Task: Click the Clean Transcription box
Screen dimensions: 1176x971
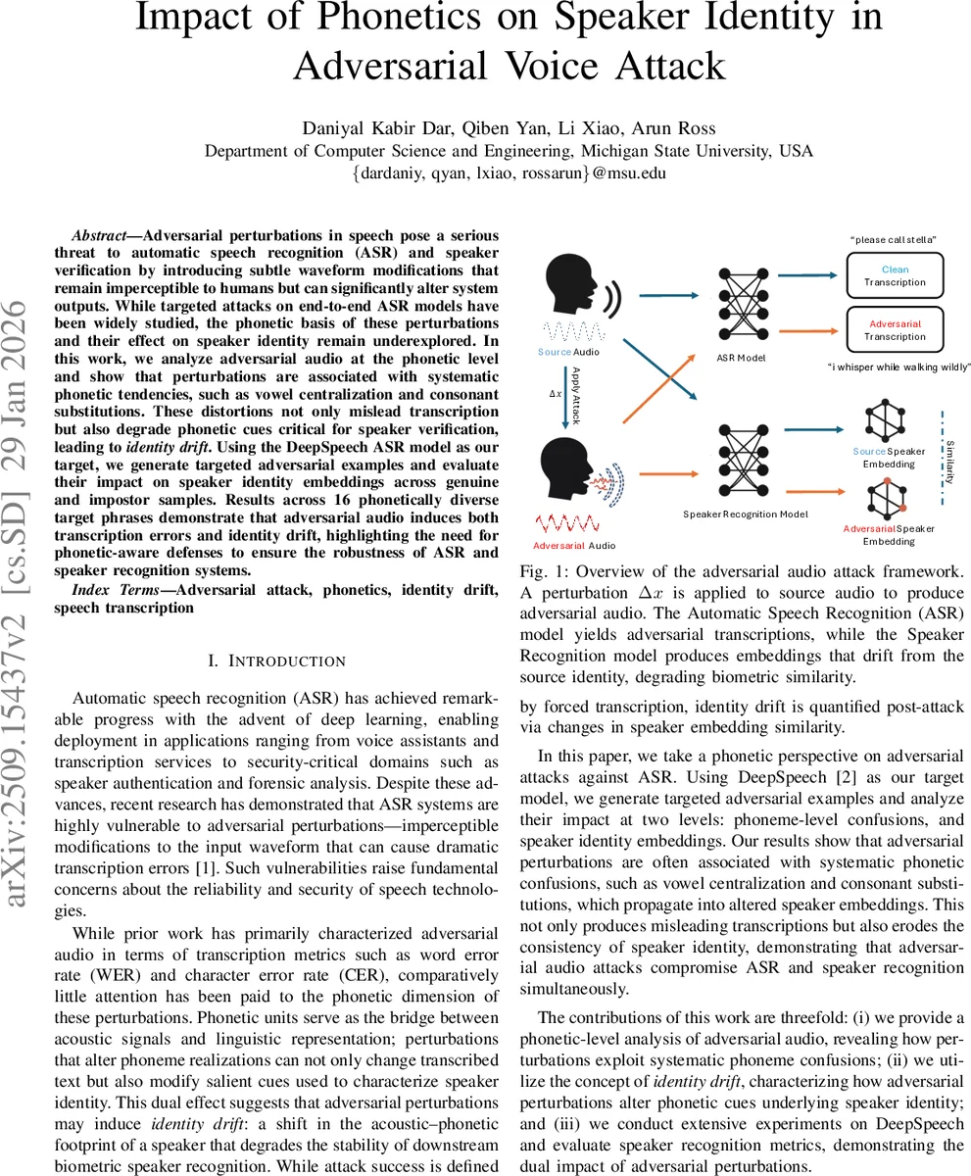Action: (894, 275)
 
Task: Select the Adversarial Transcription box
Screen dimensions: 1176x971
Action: (894, 329)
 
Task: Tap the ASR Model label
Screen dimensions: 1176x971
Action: (741, 359)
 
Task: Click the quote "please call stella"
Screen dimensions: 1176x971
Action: (893, 240)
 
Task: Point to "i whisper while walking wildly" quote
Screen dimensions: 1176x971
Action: (898, 367)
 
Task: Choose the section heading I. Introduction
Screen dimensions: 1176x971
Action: (276, 661)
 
